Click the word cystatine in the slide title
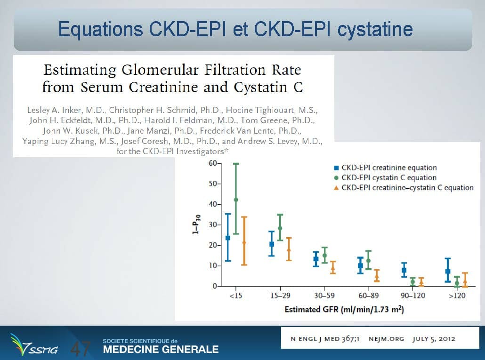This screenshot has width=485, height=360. [x=375, y=29]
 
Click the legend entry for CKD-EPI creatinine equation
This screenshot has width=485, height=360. [x=385, y=168]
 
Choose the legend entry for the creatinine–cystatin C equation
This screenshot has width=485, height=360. [x=404, y=188]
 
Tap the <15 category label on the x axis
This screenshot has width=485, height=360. [x=236, y=296]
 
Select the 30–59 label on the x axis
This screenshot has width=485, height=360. [x=324, y=296]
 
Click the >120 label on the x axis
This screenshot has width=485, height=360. [x=457, y=296]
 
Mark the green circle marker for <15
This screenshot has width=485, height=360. [x=236, y=200]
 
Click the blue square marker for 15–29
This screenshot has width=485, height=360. [x=272, y=244]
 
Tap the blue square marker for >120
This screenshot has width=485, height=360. [x=448, y=272]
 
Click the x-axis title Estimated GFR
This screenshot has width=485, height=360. [x=344, y=309]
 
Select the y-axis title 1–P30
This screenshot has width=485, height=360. [x=196, y=224]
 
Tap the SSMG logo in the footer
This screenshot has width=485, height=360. [x=34, y=344]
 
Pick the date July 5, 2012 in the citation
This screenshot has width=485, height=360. [x=434, y=339]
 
